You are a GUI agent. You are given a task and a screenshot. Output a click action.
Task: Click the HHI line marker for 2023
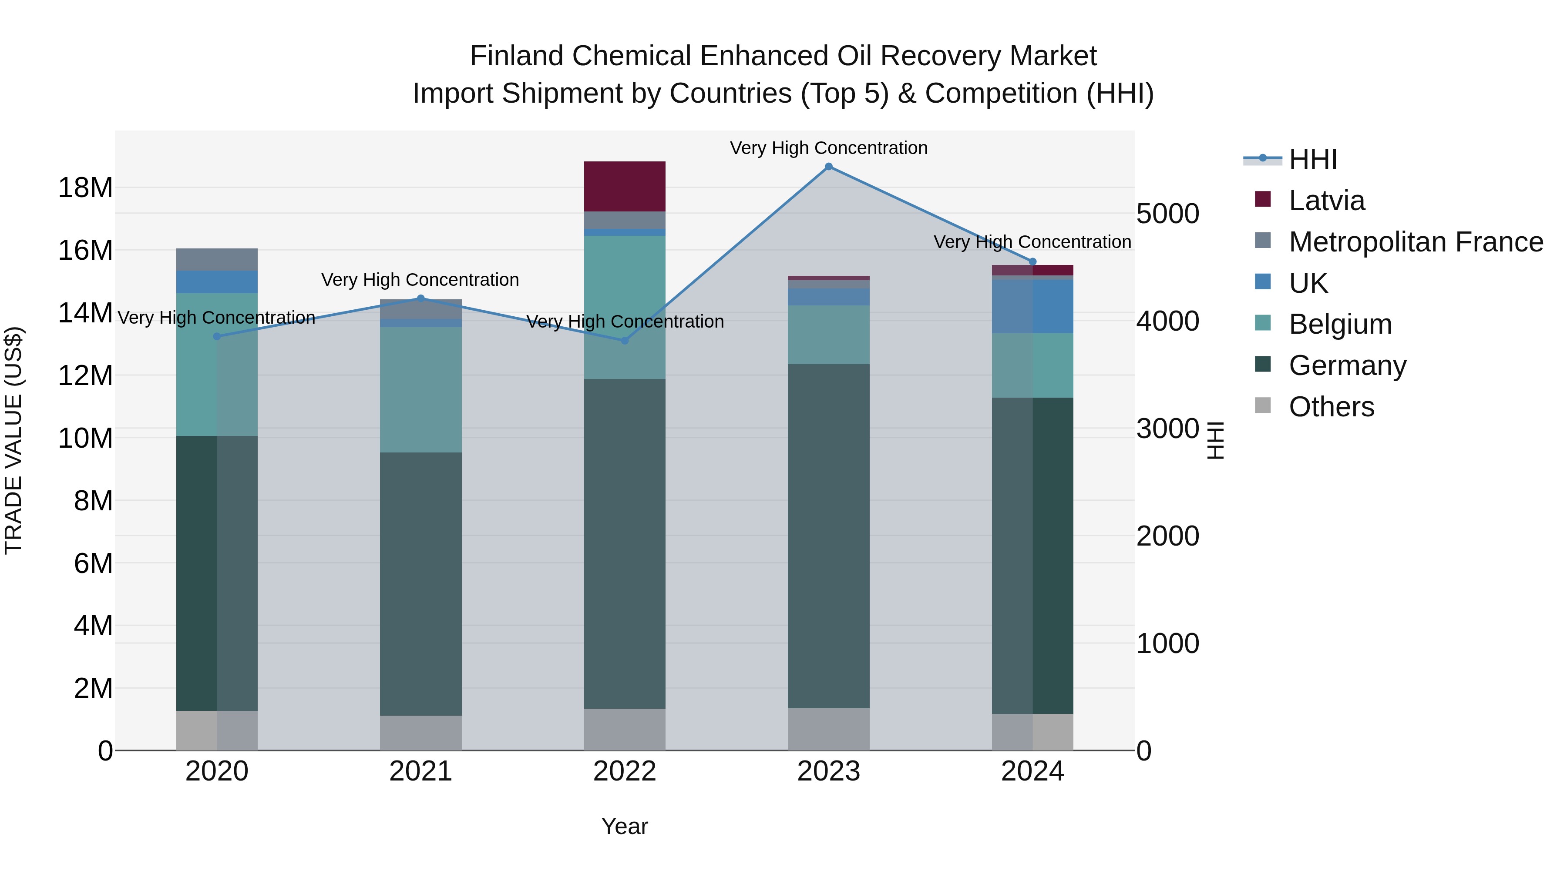pyautogui.click(x=828, y=167)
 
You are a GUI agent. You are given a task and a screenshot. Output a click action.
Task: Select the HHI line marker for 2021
pyautogui.click(x=420, y=298)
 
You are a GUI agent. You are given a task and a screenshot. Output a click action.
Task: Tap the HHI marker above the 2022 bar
pyautogui.click(x=624, y=341)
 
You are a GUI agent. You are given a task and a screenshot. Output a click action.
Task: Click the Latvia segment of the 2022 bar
pyautogui.click(x=624, y=187)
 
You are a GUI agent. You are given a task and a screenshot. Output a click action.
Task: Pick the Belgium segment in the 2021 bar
pyautogui.click(x=420, y=390)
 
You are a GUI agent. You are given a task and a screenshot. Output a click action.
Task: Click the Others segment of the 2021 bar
pyautogui.click(x=420, y=733)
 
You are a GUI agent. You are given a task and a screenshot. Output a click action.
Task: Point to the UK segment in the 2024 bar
pyautogui.click(x=1032, y=306)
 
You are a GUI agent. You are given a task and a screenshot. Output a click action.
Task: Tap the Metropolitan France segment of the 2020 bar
pyautogui.click(x=217, y=260)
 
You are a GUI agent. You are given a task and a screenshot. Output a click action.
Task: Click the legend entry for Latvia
pyautogui.click(x=1326, y=201)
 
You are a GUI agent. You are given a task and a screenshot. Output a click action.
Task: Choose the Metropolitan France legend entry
pyautogui.click(x=1415, y=242)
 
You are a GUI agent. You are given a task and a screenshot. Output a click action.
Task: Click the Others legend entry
pyautogui.click(x=1331, y=407)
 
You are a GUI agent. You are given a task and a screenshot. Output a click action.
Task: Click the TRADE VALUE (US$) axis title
pyautogui.click(x=13, y=440)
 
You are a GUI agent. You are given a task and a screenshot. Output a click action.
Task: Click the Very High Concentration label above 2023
pyautogui.click(x=828, y=148)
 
